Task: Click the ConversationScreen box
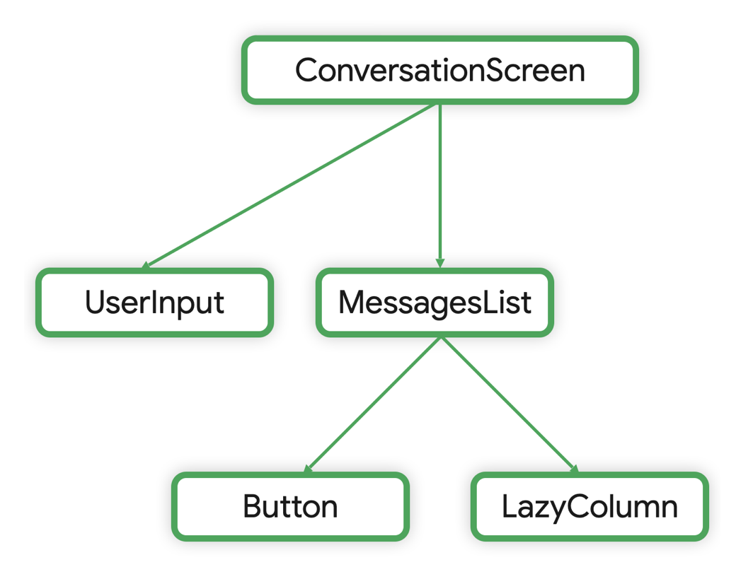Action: pos(439,70)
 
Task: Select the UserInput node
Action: pos(154,303)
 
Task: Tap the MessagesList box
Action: pos(435,303)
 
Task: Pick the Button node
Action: pos(290,507)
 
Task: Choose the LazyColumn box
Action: pos(590,507)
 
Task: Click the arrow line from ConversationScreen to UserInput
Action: pos(290,186)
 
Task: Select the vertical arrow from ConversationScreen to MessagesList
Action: pos(440,184)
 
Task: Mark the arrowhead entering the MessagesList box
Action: pos(440,263)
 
